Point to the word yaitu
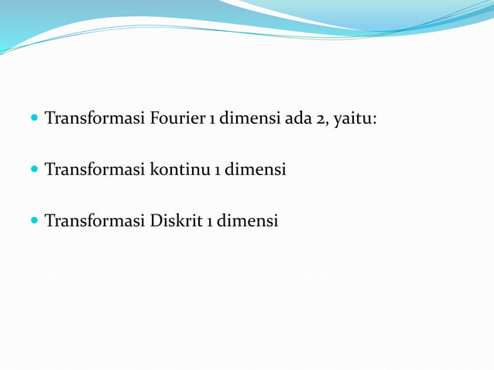click(353, 121)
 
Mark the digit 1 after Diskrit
click(209, 222)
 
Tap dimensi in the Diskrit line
click(247, 221)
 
